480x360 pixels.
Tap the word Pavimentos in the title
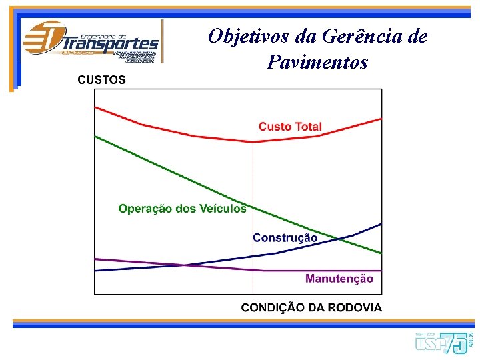[317, 63]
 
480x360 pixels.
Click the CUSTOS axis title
[101, 80]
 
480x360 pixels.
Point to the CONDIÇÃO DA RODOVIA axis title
[311, 307]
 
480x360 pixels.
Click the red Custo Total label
[290, 127]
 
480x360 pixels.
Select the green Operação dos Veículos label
[182, 209]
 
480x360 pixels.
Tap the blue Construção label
[285, 238]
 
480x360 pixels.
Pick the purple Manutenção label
[339, 279]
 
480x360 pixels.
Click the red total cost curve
[167, 130]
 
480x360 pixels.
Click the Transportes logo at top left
[91, 41]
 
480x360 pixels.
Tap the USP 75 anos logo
[443, 341]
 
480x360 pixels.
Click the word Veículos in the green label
[223, 209]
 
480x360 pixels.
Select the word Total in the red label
[307, 127]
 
